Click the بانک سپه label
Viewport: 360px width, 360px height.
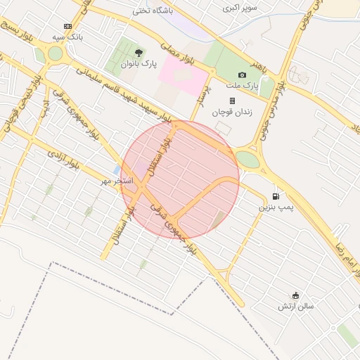coord(68,36)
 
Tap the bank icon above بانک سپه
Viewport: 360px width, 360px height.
coord(67,26)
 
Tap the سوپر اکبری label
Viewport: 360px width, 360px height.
coord(240,8)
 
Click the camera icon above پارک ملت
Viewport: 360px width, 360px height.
coord(243,75)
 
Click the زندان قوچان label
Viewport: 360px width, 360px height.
coord(232,112)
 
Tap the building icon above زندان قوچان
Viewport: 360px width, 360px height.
coord(232,101)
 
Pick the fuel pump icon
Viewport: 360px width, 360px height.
coord(276,196)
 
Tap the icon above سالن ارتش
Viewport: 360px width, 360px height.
coord(295,295)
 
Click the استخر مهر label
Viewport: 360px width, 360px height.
coord(116,181)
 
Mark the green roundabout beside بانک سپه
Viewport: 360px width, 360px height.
coord(55,54)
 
